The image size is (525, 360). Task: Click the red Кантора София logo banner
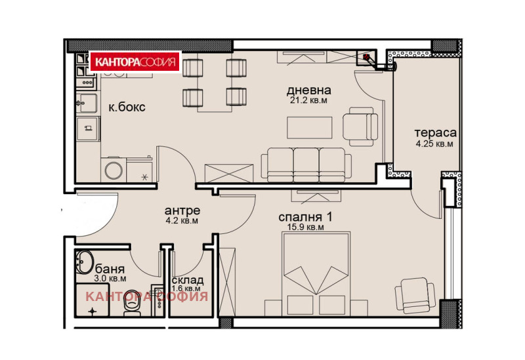136,62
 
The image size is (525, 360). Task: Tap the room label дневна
308,90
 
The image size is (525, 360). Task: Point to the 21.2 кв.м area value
308,100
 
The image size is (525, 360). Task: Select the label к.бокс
127,107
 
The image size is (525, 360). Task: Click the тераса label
435,133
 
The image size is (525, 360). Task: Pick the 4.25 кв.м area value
434,144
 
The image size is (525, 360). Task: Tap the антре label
182,210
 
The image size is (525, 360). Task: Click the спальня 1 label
305,217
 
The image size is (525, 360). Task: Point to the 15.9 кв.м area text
305,227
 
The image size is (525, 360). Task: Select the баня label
110,269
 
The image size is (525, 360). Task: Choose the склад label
187,281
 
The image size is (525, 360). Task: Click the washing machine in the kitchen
114,170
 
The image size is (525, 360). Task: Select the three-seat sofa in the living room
306,165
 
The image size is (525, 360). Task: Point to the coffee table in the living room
309,127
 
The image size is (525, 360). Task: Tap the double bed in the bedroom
316,273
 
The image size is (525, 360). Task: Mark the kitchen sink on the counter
87,104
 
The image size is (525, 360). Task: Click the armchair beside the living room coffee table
360,127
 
